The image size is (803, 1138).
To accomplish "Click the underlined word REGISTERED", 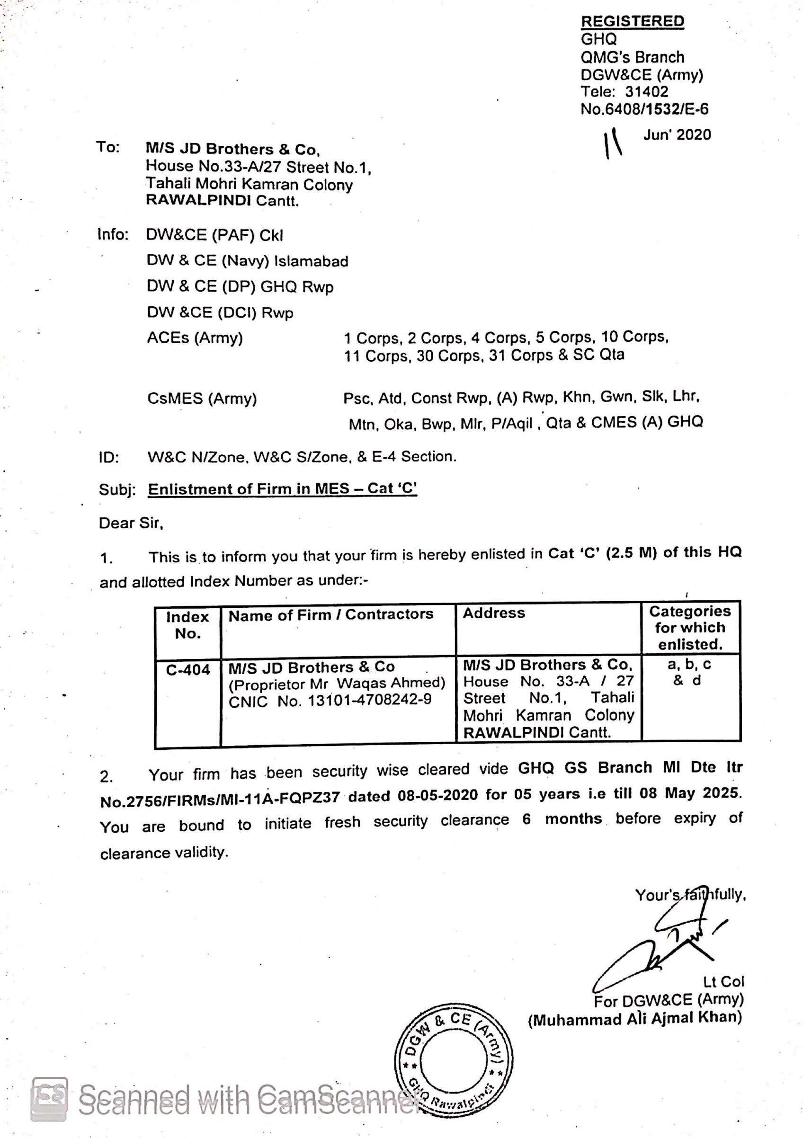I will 633,21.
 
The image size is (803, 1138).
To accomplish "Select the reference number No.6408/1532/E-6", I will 644,109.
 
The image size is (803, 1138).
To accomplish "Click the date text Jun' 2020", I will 677,135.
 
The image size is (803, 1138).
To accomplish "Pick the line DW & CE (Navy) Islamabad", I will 247,261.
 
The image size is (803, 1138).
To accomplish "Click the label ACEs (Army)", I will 195,338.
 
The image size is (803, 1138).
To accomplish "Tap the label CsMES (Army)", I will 202,399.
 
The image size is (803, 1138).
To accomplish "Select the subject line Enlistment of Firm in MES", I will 283,489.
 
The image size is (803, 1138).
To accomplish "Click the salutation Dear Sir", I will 131,523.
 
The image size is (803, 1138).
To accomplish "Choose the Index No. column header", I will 187,625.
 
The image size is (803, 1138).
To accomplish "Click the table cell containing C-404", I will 188,670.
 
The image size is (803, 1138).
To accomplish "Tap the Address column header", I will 493,613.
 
